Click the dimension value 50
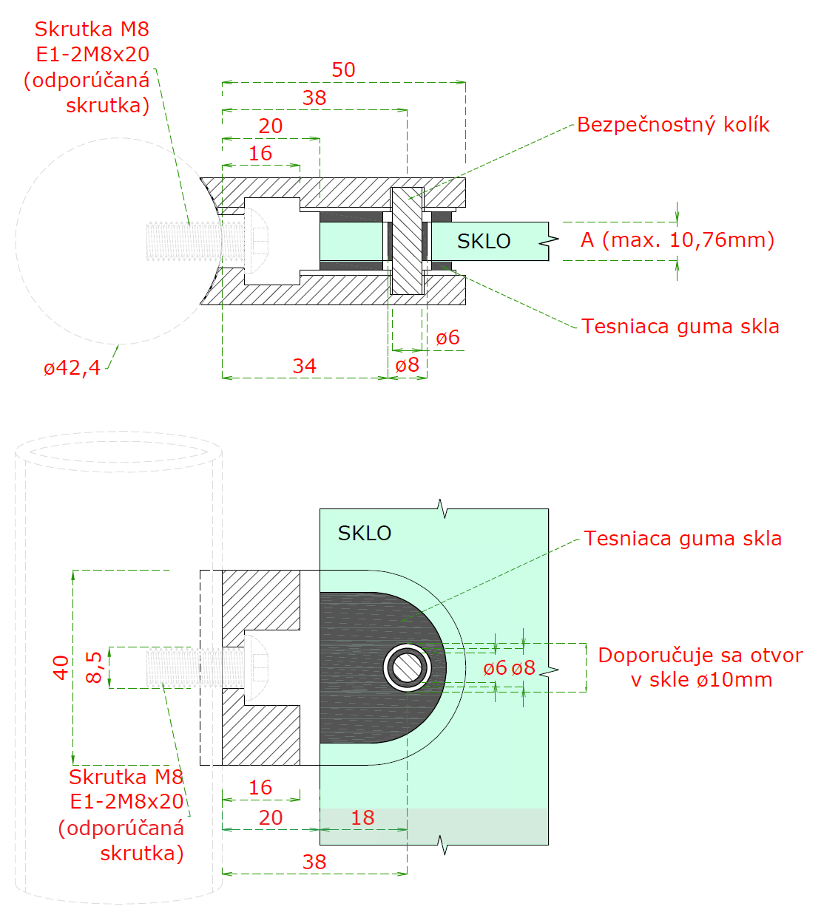click(343, 69)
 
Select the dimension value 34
click(304, 366)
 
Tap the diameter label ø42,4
click(72, 367)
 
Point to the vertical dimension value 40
click(61, 667)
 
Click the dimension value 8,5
click(94, 667)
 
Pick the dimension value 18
click(362, 817)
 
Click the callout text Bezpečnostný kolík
click(673, 124)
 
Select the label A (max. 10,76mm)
click(678, 240)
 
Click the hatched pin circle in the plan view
click(407, 667)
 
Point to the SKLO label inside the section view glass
click(484, 241)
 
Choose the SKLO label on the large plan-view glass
click(364, 533)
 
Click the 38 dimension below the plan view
click(314, 862)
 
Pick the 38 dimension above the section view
click(314, 98)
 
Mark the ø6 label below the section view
click(447, 338)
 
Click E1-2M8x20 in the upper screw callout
click(92, 54)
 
